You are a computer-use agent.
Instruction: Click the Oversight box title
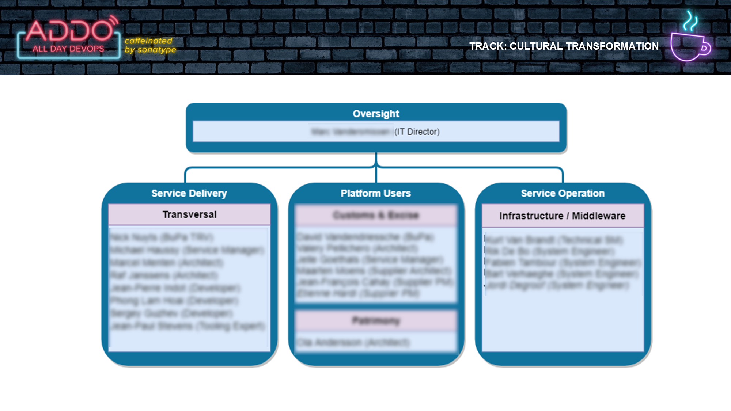(x=376, y=114)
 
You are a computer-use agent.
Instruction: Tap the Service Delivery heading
(x=189, y=193)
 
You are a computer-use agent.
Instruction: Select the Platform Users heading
(x=376, y=193)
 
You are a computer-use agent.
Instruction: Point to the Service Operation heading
(x=563, y=193)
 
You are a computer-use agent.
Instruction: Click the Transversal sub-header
(x=189, y=214)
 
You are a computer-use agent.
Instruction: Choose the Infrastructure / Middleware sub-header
(x=562, y=216)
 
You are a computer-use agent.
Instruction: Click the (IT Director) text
(x=417, y=132)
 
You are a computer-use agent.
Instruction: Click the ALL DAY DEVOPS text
(x=68, y=49)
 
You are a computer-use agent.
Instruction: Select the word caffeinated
(x=148, y=41)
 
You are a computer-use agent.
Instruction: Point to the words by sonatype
(x=150, y=50)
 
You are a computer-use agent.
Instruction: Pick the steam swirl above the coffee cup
(x=690, y=21)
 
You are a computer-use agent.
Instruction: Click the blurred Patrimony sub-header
(x=376, y=321)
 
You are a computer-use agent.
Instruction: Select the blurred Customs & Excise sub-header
(x=376, y=215)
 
